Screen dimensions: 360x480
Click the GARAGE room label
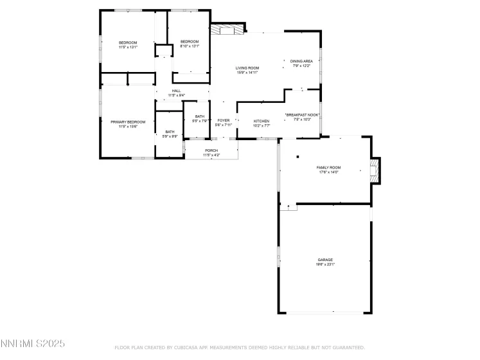324,260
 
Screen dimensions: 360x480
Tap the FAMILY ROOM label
328,168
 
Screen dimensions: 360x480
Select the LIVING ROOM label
247,67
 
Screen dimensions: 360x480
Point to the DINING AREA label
301,61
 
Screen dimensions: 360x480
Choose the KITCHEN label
261,121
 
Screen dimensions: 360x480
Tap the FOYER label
223,120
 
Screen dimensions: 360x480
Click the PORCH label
211,150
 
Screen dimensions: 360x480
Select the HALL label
176,91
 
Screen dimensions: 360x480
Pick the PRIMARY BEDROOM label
128,122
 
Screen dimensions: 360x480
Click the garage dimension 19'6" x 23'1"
324,264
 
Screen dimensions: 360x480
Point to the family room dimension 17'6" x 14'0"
328,172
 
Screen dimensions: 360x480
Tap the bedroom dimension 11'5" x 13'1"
128,47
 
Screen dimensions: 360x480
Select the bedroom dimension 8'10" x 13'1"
190,46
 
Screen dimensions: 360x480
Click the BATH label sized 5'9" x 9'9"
170,131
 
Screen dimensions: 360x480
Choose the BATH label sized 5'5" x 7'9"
200,116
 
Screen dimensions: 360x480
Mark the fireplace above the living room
228,28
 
